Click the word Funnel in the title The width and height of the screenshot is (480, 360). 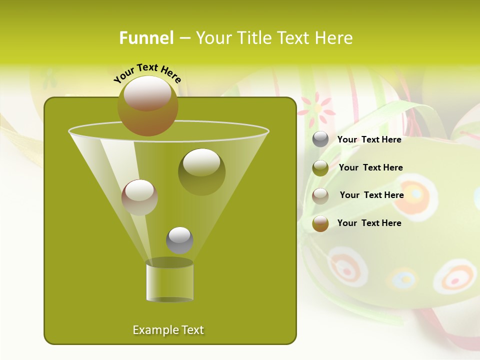coord(146,38)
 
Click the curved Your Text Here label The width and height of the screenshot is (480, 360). coord(147,72)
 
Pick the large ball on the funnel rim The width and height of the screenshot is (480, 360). coord(148,105)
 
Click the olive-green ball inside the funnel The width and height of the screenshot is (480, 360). coord(201,171)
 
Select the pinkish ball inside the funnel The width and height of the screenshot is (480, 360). coord(139,197)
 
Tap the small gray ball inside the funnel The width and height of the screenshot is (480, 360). coord(179,240)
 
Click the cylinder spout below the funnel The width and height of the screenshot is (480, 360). coord(169,281)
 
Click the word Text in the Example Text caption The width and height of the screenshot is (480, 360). coord(192,330)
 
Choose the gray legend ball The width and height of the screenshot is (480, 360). coord(320,139)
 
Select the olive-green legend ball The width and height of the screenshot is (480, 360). coord(320,168)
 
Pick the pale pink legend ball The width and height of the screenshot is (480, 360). coord(320,196)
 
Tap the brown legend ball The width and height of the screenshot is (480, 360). coord(320,223)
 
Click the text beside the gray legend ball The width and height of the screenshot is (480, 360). coord(369,139)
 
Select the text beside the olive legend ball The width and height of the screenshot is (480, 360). coord(370,167)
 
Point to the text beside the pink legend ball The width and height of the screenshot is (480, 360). coord(371,195)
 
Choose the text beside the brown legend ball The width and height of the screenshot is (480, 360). coord(369,223)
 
